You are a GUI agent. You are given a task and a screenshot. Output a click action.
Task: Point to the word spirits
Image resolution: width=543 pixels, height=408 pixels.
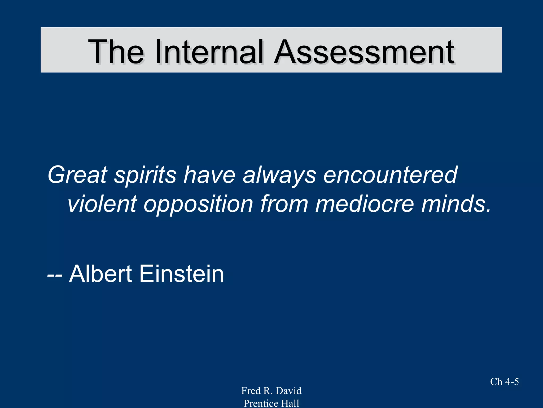pyautogui.click(x=145, y=176)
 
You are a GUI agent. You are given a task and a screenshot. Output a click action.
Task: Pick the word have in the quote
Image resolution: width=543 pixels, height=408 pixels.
pyautogui.click(x=209, y=175)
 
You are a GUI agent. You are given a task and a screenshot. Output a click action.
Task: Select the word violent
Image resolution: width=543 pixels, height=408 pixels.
pyautogui.click(x=102, y=204)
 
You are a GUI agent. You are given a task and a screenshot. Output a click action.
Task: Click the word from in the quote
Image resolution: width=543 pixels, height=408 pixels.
pyautogui.click(x=284, y=204)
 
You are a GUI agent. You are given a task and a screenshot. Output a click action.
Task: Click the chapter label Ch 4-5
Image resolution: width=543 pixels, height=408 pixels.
pyautogui.click(x=504, y=382)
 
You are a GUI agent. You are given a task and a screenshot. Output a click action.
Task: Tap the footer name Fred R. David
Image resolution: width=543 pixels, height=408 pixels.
pyautogui.click(x=271, y=391)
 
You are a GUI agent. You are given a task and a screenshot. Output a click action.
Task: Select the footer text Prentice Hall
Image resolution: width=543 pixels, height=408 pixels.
pyautogui.click(x=271, y=403)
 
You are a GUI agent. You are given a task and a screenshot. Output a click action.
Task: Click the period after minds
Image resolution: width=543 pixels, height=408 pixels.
pyautogui.click(x=488, y=211)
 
